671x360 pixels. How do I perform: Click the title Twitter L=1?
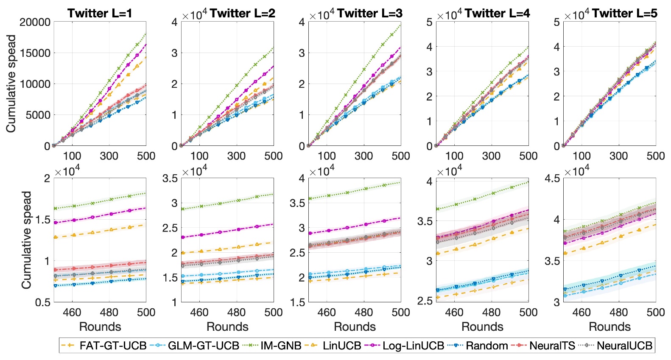click(x=100, y=13)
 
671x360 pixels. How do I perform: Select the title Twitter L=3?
click(x=369, y=13)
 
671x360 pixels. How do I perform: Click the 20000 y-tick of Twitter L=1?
click(x=35, y=22)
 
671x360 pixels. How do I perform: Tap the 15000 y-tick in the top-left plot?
click(x=35, y=53)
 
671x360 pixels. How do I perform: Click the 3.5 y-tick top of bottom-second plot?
click(x=170, y=179)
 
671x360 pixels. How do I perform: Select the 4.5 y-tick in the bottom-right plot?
click(x=552, y=179)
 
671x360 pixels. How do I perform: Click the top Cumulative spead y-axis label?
click(x=11, y=84)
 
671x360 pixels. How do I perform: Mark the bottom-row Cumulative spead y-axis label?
click(x=26, y=240)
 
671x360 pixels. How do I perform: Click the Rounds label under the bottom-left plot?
click(x=100, y=327)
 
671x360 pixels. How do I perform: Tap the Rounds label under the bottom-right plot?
click(x=609, y=327)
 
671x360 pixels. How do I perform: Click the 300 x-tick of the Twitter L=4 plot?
click(x=491, y=156)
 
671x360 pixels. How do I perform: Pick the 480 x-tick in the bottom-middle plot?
click(x=363, y=313)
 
